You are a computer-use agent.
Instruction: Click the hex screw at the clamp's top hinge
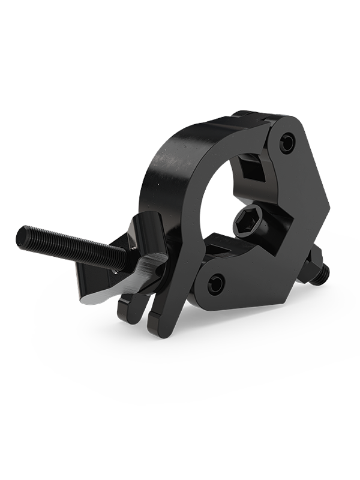point(289,143)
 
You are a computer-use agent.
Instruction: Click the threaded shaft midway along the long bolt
point(72,245)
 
